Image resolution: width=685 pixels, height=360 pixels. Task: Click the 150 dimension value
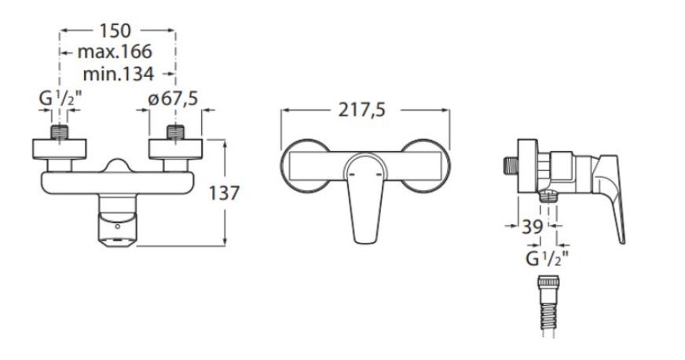[x=115, y=31]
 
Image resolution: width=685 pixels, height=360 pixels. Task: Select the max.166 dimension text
[x=115, y=52]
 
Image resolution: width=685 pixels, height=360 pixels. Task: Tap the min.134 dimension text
[x=119, y=74]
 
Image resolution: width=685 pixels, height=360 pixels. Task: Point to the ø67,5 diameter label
[x=173, y=98]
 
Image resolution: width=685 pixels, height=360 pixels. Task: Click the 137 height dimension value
[x=224, y=193]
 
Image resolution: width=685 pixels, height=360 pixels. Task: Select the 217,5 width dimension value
[x=362, y=110]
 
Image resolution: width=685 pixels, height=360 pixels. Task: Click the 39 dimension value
[x=533, y=226]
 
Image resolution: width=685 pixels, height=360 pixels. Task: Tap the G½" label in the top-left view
[x=60, y=99]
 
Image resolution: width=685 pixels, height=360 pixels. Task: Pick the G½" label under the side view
[x=547, y=259]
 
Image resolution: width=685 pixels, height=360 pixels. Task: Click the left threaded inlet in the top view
[x=60, y=132]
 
